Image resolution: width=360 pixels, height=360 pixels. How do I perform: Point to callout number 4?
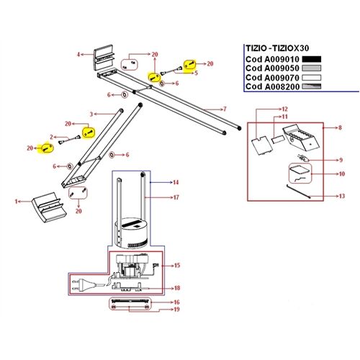tap(80, 54)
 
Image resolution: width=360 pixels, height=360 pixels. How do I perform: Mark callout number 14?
tap(175, 184)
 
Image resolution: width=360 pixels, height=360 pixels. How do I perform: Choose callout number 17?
tap(175, 197)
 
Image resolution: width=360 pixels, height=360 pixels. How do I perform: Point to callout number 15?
tap(176, 265)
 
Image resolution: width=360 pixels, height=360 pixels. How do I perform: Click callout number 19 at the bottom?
tap(176, 310)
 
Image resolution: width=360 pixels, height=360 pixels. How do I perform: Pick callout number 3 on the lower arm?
tap(91, 114)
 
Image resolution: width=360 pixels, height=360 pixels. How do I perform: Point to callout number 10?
tap(342, 174)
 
